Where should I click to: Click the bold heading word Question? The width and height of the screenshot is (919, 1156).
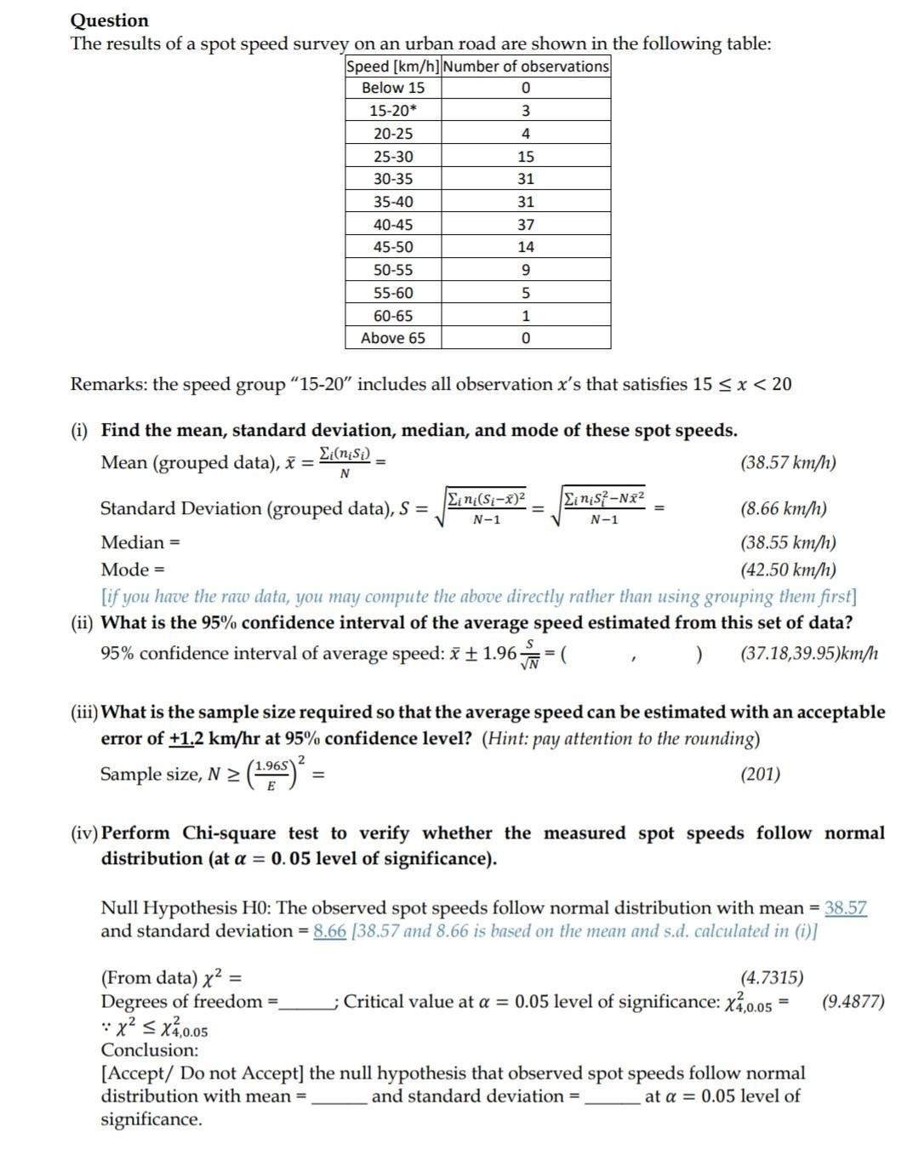tap(109, 20)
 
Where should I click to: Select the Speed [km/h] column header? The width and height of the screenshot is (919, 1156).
tap(392, 66)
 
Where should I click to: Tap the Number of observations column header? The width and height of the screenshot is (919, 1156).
tap(526, 66)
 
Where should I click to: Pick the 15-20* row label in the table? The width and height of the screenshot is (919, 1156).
tap(393, 111)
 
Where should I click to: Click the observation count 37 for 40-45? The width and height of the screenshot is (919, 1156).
tap(526, 225)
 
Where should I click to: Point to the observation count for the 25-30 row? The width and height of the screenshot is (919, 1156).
tap(526, 157)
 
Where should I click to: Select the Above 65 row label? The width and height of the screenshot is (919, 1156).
tap(393, 338)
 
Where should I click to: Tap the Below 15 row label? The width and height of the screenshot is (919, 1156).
tap(393, 88)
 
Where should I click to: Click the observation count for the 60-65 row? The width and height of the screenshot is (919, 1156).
tap(526, 316)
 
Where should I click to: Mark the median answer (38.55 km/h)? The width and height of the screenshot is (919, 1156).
tap(788, 542)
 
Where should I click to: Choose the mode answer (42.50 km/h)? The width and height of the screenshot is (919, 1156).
tap(788, 569)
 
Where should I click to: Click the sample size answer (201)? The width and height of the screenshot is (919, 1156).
tap(760, 774)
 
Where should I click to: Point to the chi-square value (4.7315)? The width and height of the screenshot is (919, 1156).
tap(772, 978)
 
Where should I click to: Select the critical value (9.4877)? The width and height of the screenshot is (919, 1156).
tap(853, 1001)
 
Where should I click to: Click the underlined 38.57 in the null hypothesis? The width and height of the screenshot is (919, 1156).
tap(846, 907)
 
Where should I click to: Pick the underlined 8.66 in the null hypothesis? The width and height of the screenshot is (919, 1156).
tap(329, 930)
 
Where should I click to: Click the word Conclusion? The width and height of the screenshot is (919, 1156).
tap(150, 1050)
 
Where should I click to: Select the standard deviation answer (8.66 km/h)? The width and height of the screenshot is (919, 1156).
tap(784, 509)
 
